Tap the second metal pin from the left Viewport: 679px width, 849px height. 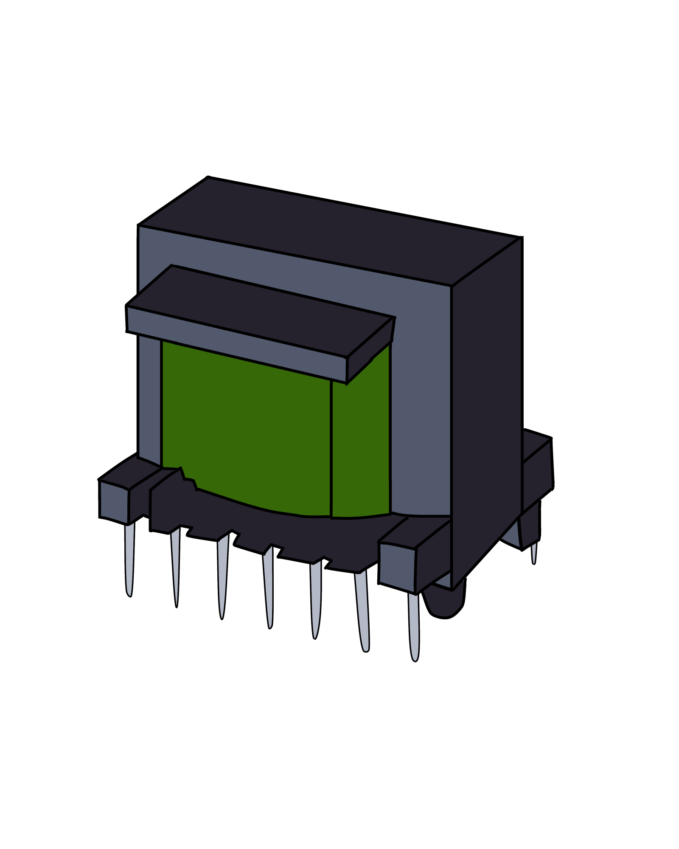pos(175,565)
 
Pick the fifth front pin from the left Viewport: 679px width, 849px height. pos(315,599)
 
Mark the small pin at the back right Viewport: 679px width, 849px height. pos(534,552)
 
